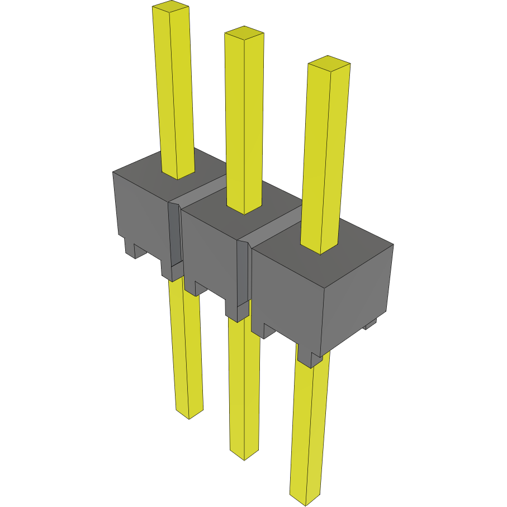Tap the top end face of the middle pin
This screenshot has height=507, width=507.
click(x=244, y=33)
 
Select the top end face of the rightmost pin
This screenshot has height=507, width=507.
click(x=329, y=63)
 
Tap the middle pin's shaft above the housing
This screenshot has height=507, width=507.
click(x=244, y=123)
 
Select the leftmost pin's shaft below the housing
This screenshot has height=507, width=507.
click(x=186, y=347)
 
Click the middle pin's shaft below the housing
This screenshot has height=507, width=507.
click(x=244, y=386)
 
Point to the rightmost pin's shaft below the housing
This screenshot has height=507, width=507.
click(x=309, y=425)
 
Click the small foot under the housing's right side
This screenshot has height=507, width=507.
click(x=370, y=324)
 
